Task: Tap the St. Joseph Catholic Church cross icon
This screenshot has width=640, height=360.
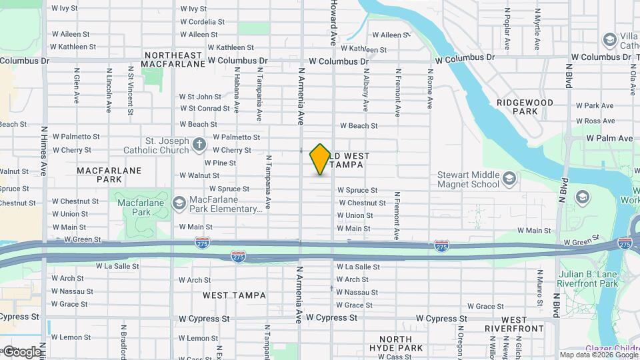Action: point(199,145)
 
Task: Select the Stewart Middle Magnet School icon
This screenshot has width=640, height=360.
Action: point(509,178)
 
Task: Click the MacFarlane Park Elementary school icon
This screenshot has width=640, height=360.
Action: point(179,203)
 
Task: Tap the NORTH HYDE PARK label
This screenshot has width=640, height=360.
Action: point(396,343)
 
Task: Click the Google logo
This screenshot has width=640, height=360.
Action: point(21,351)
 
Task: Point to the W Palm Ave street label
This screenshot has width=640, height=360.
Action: point(609,139)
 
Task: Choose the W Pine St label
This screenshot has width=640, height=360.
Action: point(220,163)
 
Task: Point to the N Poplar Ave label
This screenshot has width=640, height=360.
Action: point(507,29)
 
